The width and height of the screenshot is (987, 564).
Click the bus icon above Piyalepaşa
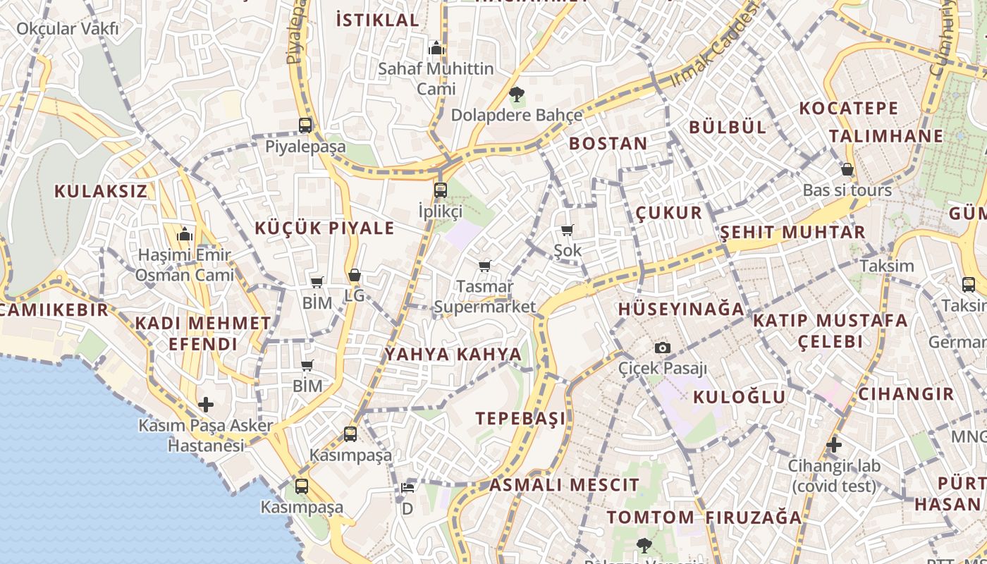[305, 125]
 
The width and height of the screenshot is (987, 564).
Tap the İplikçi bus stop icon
[441, 190]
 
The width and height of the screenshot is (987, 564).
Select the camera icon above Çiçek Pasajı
[662, 348]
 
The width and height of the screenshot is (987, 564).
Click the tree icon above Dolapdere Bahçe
[516, 94]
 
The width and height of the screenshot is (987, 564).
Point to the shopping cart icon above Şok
[567, 230]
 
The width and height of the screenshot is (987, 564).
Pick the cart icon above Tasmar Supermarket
[484, 266]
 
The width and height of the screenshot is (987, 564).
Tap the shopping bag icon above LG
[355, 275]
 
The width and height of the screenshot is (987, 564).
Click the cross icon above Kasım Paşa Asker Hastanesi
[205, 405]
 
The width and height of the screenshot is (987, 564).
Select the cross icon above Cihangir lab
[834, 445]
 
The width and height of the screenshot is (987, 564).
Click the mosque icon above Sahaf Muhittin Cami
[436, 48]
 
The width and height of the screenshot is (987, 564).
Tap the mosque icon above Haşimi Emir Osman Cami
[185, 233]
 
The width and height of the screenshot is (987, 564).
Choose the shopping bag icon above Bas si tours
[847, 169]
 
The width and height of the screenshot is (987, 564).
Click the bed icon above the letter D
[407, 487]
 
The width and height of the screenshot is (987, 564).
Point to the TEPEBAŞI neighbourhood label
[520, 418]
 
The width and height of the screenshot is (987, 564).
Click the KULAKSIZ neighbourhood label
[101, 191]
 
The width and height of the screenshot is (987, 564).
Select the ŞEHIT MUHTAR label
[792, 232]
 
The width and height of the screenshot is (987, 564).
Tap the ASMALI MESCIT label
[564, 485]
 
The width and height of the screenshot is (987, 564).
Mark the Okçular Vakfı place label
[67, 29]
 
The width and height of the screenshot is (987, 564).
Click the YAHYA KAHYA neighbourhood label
[453, 354]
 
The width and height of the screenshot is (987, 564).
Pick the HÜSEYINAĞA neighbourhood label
[681, 309]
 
